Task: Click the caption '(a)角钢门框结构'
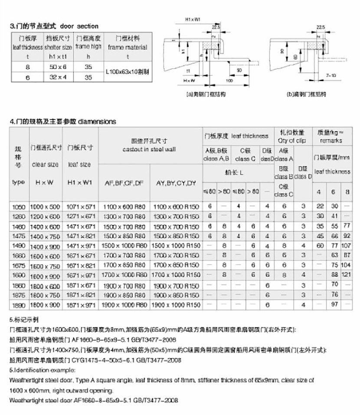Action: [x=206, y=94]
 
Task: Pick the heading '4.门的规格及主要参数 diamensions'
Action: [x=63, y=121]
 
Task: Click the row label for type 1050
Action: [x=19, y=206]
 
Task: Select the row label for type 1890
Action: [x=19, y=305]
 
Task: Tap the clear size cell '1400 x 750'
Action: [x=45, y=236]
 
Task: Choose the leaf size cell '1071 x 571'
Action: [x=80, y=206]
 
